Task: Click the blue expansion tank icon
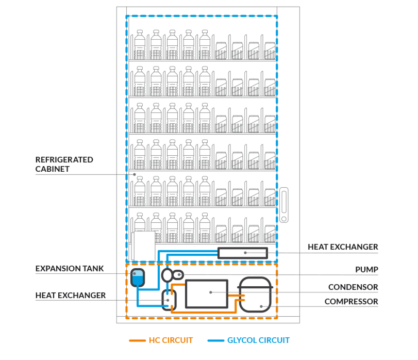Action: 137,277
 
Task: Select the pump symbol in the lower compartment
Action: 169,275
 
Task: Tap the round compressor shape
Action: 255,294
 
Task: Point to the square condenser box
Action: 206,294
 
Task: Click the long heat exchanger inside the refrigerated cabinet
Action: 242,253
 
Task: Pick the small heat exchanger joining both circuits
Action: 169,299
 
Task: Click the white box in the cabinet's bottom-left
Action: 144,246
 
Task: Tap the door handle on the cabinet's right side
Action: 283,205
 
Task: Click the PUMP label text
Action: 366,269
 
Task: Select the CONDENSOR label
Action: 353,287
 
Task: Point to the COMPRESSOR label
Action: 351,301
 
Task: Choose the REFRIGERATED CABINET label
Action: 64,164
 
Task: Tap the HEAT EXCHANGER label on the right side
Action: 343,248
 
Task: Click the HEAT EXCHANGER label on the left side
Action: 70,295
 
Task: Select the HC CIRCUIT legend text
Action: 171,340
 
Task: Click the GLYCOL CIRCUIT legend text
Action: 258,340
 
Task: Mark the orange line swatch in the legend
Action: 137,340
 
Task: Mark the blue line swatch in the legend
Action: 215,340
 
